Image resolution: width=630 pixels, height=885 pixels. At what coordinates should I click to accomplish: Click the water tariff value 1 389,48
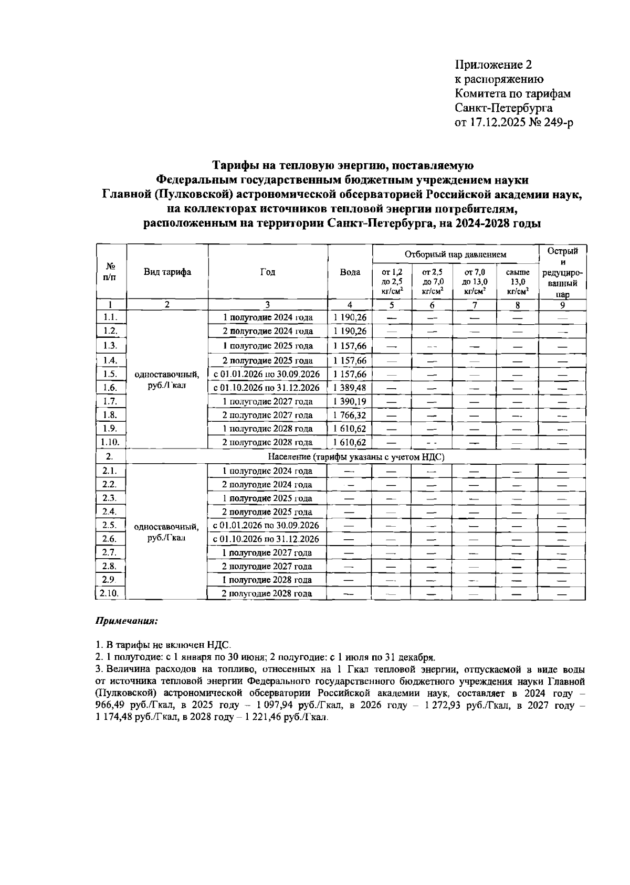[x=350, y=388]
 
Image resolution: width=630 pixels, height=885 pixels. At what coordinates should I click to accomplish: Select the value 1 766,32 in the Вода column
[x=350, y=415]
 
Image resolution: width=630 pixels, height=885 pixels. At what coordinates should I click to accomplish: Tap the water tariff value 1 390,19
[x=350, y=401]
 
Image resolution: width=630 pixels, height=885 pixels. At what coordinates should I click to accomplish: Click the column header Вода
[x=350, y=272]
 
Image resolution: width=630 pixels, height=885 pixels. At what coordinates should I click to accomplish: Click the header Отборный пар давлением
[x=455, y=254]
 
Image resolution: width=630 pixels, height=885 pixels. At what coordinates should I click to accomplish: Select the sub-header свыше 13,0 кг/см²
[x=517, y=281]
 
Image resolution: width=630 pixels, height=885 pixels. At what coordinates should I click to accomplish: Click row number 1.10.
[x=110, y=442]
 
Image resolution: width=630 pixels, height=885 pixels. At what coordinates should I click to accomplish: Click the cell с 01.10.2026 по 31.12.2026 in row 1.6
[x=267, y=388]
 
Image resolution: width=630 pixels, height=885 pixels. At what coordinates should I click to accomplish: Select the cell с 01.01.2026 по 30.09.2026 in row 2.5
[x=267, y=525]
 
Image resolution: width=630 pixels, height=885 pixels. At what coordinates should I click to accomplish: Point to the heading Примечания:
[x=126, y=621]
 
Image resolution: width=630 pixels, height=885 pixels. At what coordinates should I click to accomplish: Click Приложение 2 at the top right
[x=493, y=65]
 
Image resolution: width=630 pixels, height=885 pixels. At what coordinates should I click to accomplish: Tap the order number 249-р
[x=553, y=123]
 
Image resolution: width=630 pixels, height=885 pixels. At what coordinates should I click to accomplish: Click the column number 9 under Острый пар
[x=562, y=305]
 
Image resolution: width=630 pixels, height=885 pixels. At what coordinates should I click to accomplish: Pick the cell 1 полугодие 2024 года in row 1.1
[x=267, y=317]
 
